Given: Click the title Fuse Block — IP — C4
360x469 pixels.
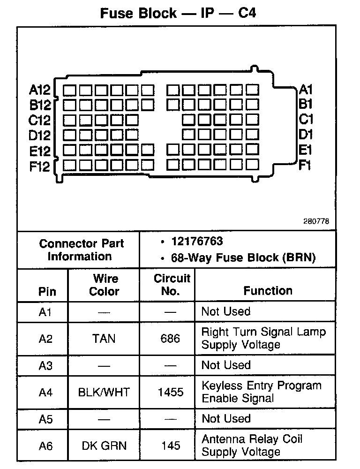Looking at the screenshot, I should [178, 13].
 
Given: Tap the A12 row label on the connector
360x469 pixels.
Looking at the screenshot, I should [39, 90].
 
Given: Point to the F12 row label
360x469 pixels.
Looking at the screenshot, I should [39, 166].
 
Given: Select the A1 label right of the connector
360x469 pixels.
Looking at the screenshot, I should [306, 89].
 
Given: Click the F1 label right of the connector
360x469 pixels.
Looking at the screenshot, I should [305, 165].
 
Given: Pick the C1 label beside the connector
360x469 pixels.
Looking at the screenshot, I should [306, 119].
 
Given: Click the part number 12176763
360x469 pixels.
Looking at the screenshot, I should [197, 242].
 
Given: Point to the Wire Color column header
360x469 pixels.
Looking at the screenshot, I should [104, 285].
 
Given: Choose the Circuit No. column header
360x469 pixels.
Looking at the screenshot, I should [172, 285].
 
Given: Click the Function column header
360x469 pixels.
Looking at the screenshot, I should [268, 291].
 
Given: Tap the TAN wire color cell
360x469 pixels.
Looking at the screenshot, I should [104, 338].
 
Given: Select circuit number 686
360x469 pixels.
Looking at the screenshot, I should [170, 338].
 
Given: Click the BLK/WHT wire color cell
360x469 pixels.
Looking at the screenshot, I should [104, 392].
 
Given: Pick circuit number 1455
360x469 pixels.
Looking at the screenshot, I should [171, 392].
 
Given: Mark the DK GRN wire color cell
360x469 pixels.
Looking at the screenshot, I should [104, 446].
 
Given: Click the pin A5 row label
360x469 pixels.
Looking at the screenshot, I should [45, 419].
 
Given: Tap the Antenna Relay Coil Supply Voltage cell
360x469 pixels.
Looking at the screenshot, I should [252, 446].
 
